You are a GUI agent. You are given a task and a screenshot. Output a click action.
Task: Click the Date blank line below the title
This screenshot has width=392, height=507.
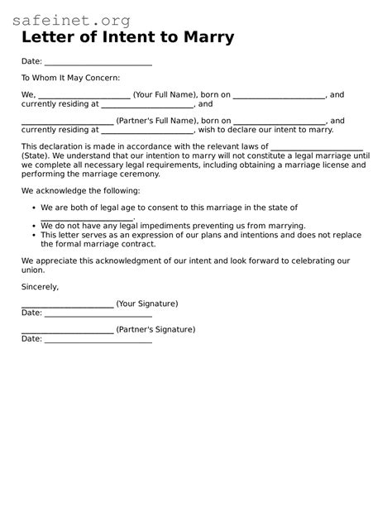click(98, 63)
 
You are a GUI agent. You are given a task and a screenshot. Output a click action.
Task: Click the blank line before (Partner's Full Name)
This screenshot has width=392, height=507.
click(67, 122)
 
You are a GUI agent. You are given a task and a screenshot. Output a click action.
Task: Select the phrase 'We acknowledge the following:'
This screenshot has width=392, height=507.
click(80, 190)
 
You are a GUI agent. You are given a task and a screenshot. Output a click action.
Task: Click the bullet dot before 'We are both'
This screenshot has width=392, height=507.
click(32, 208)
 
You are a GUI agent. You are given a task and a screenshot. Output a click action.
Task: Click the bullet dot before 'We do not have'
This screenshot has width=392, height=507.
click(32, 226)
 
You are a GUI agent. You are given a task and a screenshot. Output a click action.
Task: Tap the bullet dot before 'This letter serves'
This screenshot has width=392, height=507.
click(32, 235)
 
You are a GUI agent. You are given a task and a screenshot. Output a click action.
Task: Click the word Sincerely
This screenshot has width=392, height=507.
click(40, 286)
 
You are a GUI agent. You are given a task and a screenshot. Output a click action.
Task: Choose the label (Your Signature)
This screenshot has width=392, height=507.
click(147, 304)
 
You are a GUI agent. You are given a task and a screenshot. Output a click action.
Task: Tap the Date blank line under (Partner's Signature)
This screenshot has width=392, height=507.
click(98, 339)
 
